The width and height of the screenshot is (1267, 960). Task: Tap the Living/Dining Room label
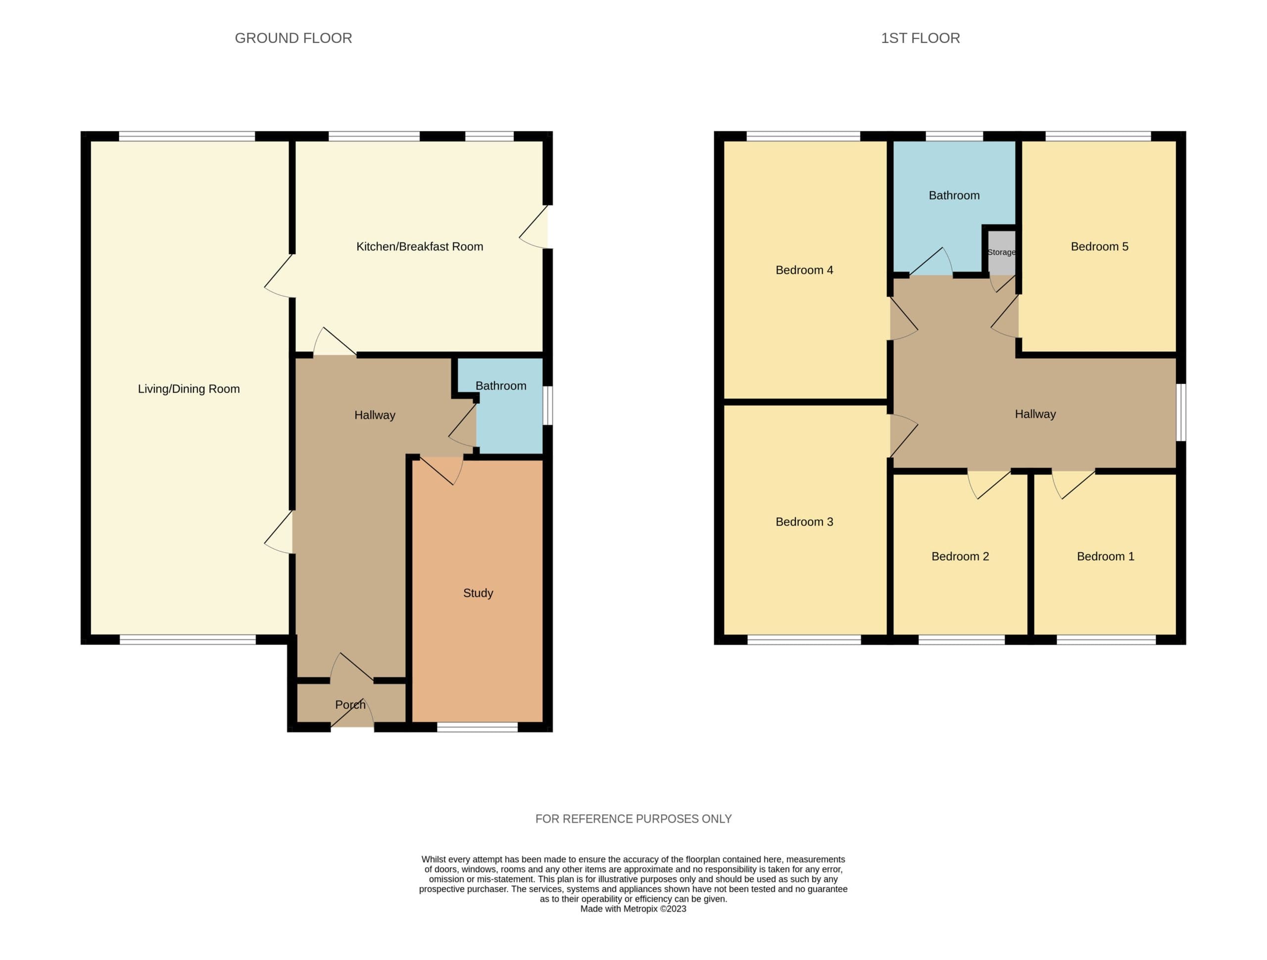tap(189, 389)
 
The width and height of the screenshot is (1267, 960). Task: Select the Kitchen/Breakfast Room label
tap(420, 246)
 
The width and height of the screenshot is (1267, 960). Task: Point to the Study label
tap(478, 593)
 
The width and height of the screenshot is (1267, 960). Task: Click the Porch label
tap(350, 705)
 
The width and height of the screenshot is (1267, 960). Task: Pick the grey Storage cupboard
tap(1002, 252)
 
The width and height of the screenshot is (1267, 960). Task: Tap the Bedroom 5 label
tap(1100, 246)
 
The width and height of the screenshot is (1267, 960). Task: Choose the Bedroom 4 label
tap(804, 270)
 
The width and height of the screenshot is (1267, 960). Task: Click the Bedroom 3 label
tap(804, 522)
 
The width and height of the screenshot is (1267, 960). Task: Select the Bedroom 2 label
tap(961, 556)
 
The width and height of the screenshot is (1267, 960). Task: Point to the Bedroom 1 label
tap(1106, 556)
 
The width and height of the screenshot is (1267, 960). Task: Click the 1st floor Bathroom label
tap(954, 195)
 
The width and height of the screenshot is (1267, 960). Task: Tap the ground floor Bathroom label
tap(501, 385)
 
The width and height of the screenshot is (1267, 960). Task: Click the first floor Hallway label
tap(1035, 414)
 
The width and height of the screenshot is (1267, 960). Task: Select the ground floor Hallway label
tap(375, 415)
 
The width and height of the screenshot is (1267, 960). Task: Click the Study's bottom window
tap(477, 727)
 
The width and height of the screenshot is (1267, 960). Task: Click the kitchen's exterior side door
tap(535, 227)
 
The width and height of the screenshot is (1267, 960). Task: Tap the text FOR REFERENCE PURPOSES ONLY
tap(633, 818)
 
